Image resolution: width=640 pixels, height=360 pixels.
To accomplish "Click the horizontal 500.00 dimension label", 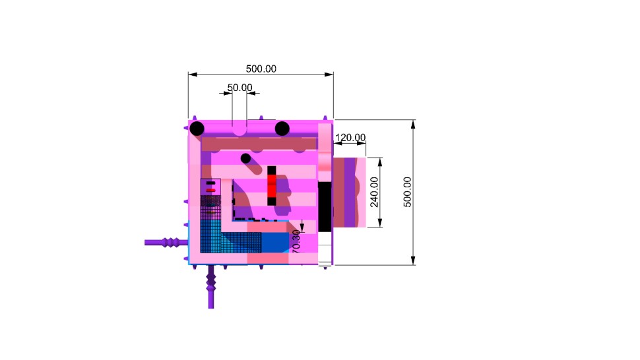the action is (x=261, y=69).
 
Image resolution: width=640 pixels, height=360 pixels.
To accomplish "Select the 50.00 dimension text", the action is (x=240, y=87).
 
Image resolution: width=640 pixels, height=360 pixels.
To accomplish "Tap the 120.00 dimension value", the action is (x=350, y=137).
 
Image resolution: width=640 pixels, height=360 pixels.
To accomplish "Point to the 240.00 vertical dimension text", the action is (x=374, y=192).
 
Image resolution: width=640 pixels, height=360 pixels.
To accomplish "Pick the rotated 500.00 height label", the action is (x=407, y=192).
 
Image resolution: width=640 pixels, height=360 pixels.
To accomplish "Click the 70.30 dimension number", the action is (x=296, y=241).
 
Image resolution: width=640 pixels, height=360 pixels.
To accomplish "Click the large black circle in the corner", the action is (x=197, y=129).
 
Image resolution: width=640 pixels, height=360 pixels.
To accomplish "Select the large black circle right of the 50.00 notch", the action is (x=282, y=129).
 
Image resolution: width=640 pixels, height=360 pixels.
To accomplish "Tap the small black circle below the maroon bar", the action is (x=245, y=158).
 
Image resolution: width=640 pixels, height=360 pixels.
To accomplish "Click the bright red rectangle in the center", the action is (x=272, y=185).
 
